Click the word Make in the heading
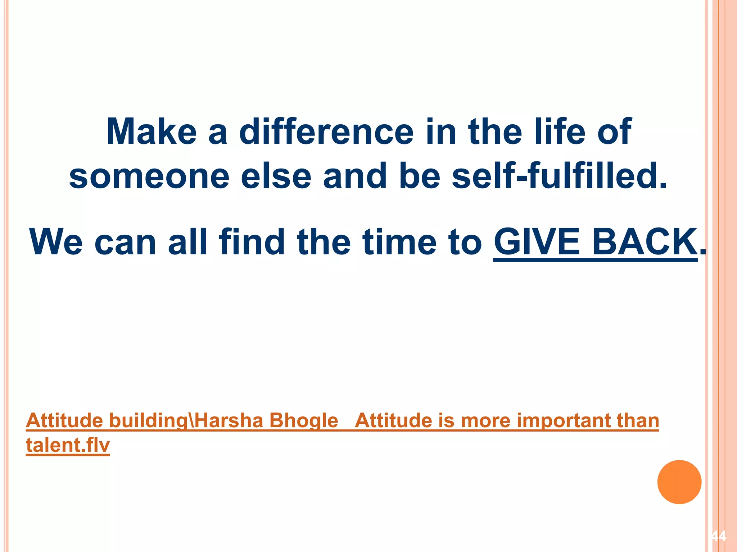pos(152,132)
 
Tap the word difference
pos(326,132)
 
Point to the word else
pos(276,176)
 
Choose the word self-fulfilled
pos(559,176)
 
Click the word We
pos(56,242)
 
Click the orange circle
pos(679,482)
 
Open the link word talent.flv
pos(68,445)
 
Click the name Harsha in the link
pos(229,420)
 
